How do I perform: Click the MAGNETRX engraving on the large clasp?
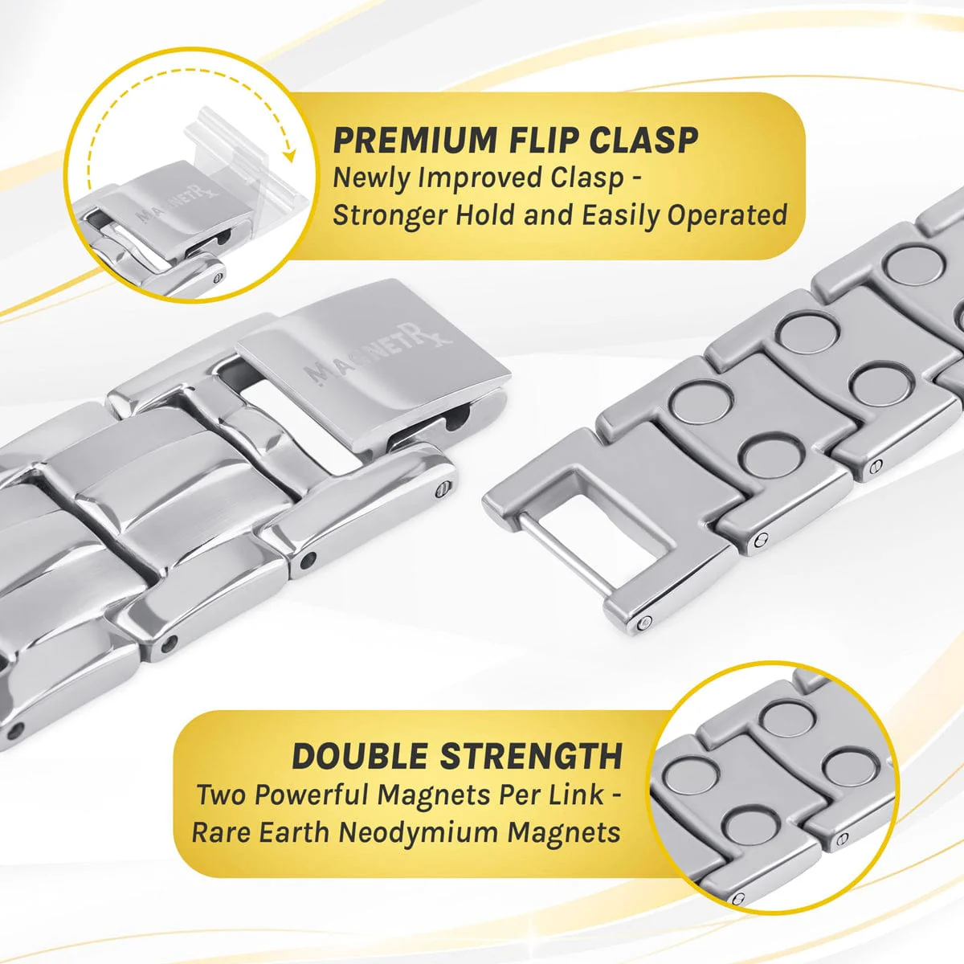(378, 352)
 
